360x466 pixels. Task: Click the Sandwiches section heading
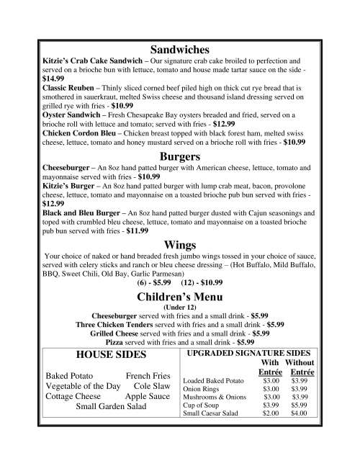[x=180, y=50]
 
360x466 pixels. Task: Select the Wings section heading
[x=180, y=245]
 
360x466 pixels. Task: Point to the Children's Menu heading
[x=180, y=297]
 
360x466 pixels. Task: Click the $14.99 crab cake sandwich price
[x=53, y=78]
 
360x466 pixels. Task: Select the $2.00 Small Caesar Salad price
[x=271, y=413]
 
